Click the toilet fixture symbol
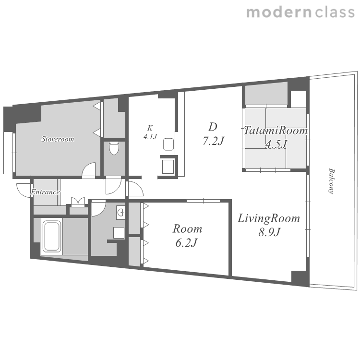[114, 148]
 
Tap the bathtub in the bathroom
[52, 236]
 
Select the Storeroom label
[58, 139]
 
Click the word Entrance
[46, 192]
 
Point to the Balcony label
[331, 181]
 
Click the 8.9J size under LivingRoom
[269, 232]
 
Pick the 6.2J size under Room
[186, 243]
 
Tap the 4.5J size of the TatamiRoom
[276, 144]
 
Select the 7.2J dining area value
[213, 141]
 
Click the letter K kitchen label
[150, 128]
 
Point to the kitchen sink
[168, 144]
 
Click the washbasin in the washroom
[121, 213]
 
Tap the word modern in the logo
[279, 12]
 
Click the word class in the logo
[335, 12]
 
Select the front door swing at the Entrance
[24, 190]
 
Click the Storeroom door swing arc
[89, 169]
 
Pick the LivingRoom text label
[269, 218]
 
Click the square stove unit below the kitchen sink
[168, 167]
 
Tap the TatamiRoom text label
[276, 131]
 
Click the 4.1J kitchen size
[150, 137]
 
